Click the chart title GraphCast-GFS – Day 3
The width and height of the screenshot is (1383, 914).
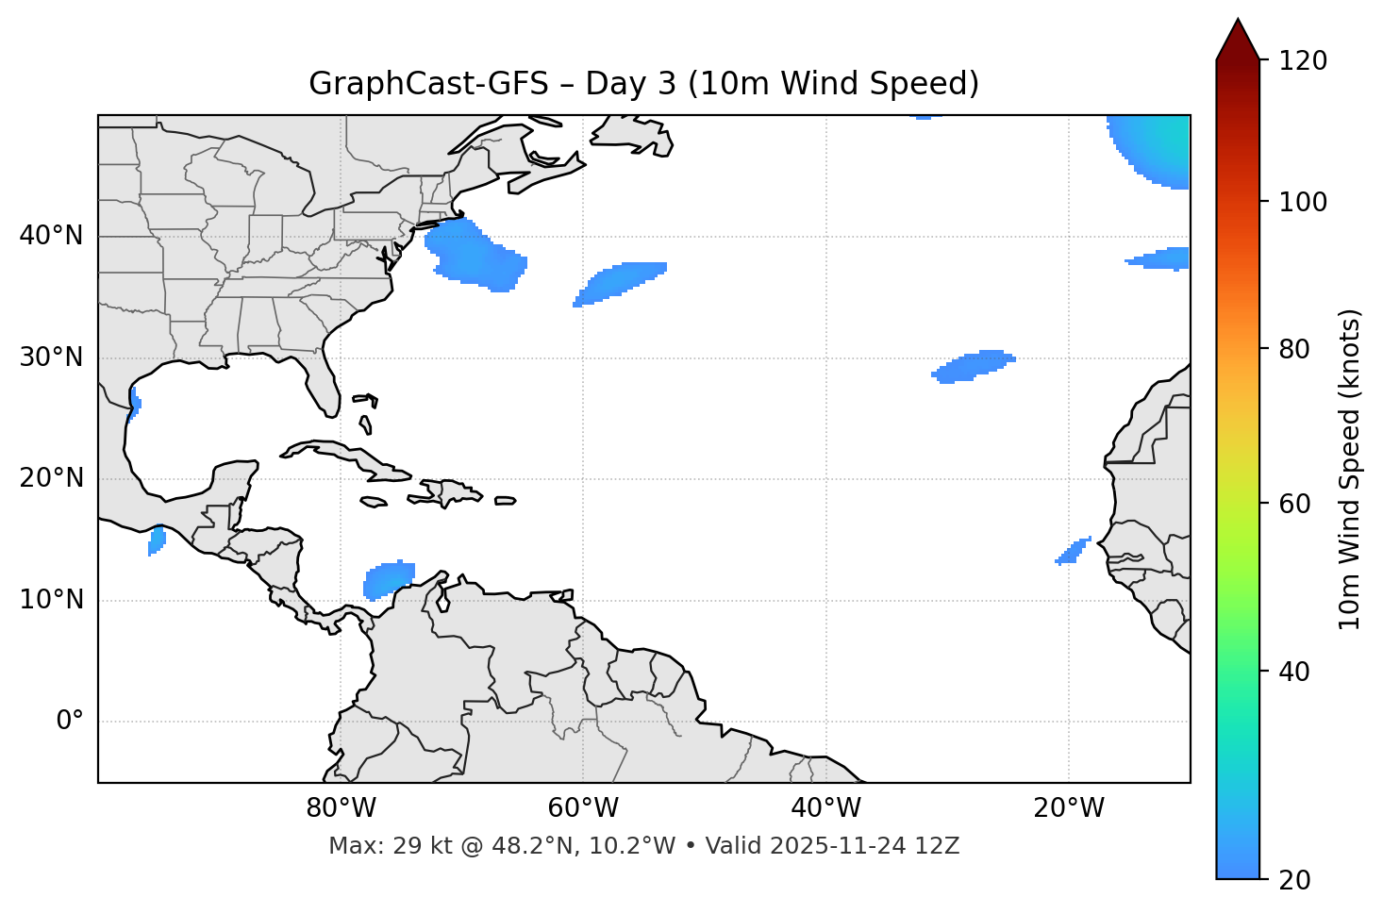pos(643,84)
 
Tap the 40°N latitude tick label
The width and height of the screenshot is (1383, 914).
pos(51,236)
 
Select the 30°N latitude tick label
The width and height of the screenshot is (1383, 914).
pos(51,357)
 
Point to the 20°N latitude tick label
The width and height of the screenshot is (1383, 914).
pos(51,478)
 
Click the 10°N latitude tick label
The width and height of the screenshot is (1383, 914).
pos(51,600)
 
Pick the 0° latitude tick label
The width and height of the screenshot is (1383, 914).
pos(70,722)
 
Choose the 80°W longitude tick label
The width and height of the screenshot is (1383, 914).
pos(341,808)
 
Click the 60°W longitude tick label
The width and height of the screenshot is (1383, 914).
pos(583,808)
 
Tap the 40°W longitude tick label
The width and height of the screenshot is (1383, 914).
pos(825,808)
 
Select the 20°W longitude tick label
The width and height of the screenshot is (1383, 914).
pos(1068,808)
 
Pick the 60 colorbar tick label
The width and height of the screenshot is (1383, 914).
pos(1295,504)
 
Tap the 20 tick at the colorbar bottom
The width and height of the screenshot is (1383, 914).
pos(1295,879)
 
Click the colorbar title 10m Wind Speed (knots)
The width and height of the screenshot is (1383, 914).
pos(1350,469)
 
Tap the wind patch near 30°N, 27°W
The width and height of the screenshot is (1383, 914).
pos(974,366)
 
